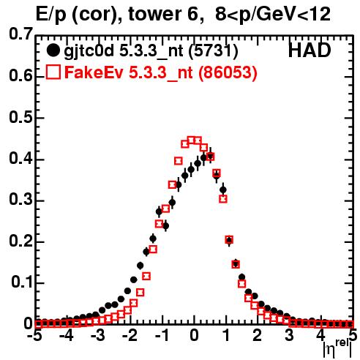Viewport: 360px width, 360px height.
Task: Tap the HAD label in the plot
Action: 310,50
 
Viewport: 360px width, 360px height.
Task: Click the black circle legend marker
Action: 53,50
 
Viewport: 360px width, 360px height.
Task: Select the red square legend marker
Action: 53,72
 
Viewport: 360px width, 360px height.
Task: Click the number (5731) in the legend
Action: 214,50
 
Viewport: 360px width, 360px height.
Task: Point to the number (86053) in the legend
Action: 228,72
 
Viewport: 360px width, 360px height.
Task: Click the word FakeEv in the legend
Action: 94,72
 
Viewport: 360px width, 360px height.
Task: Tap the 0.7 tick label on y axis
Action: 20,34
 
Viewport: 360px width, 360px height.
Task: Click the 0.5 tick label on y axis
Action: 20,117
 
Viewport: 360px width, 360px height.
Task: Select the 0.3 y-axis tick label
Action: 20,200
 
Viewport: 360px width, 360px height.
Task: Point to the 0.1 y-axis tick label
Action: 21,282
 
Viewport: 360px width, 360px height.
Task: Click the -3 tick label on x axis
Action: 97,336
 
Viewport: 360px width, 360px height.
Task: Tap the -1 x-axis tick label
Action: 162,336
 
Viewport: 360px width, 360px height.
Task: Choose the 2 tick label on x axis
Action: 258,336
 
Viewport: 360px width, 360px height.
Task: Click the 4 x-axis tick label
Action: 321,336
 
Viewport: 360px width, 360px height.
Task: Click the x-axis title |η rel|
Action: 338,348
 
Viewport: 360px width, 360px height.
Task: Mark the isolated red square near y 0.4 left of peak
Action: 179,161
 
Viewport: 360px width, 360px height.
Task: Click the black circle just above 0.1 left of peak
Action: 133,280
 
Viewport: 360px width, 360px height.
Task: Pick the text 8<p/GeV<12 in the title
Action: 273,15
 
